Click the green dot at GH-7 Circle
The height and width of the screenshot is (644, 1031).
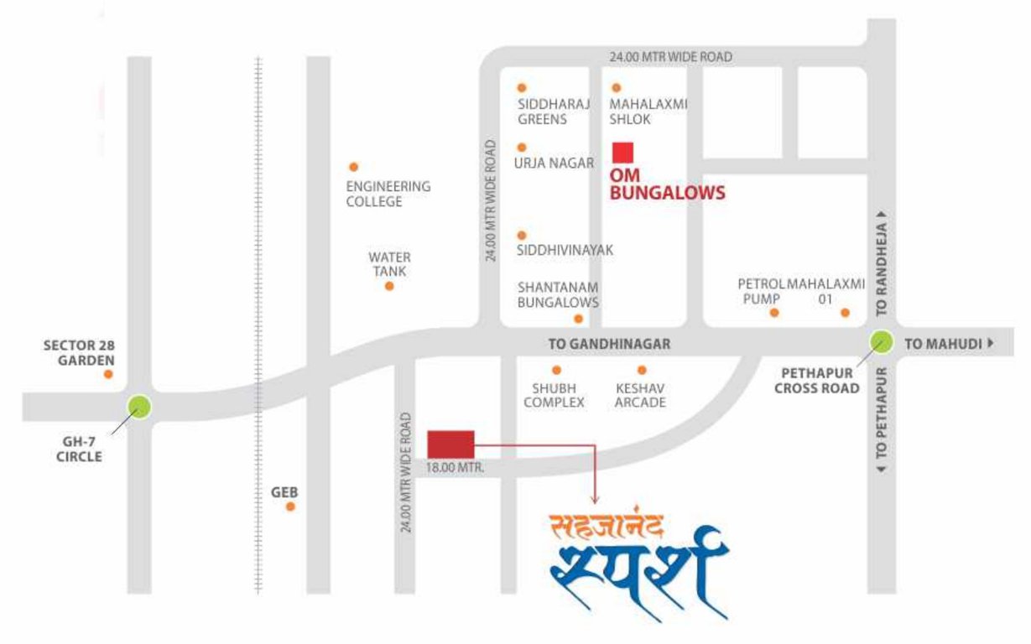(x=139, y=408)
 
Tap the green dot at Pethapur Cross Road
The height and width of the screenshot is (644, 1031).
(x=881, y=341)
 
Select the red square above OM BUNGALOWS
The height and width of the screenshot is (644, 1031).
(x=622, y=153)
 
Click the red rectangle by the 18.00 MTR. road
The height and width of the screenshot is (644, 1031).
(x=450, y=444)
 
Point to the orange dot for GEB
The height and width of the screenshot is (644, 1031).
(x=291, y=506)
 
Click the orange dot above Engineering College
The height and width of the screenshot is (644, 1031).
(x=353, y=167)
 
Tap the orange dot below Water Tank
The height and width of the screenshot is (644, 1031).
(x=389, y=286)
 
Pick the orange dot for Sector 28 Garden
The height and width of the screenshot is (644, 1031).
(x=108, y=374)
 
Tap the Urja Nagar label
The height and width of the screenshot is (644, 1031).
(x=554, y=164)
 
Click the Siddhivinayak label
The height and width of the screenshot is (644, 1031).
(x=565, y=250)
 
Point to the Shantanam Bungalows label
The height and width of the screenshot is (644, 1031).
(x=558, y=294)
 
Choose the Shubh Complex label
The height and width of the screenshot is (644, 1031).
(x=554, y=395)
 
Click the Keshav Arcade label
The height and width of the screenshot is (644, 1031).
(x=640, y=395)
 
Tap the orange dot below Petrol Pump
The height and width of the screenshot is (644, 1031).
(x=774, y=313)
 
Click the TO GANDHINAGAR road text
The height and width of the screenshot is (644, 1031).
(x=609, y=345)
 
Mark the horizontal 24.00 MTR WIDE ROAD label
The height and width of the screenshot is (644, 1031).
(x=670, y=57)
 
